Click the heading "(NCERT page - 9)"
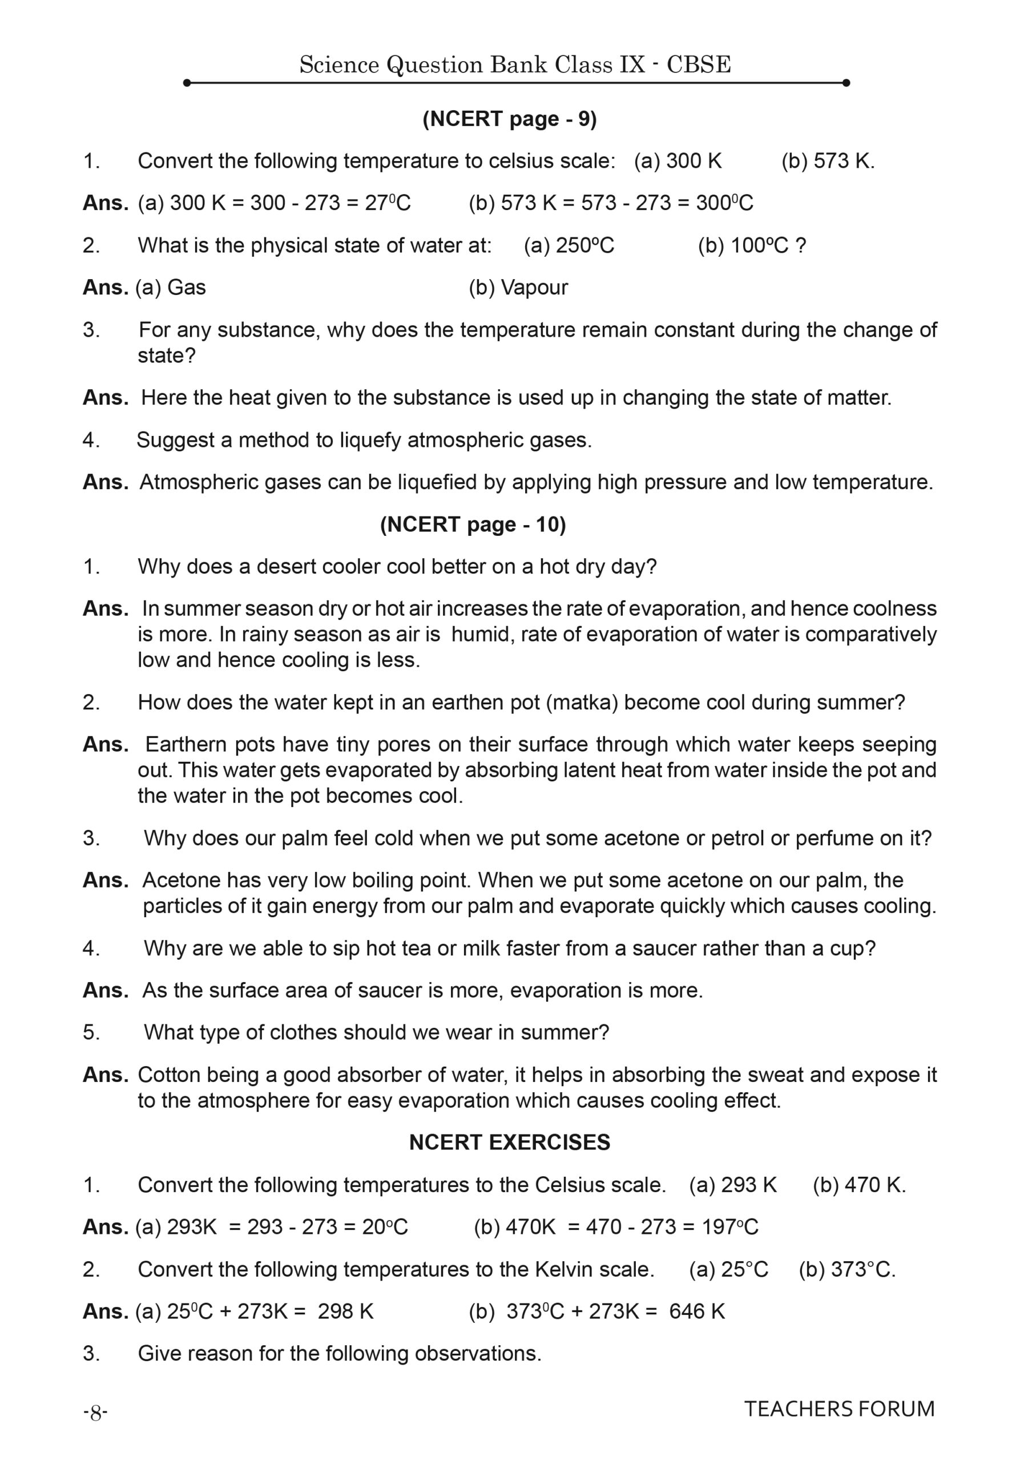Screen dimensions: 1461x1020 coord(509,119)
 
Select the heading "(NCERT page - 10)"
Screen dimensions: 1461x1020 coord(473,524)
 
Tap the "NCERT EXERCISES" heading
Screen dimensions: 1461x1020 coord(509,1142)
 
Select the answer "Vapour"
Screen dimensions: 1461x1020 coord(534,288)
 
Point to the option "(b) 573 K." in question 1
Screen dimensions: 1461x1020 coord(827,161)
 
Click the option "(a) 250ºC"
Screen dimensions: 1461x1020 coord(569,245)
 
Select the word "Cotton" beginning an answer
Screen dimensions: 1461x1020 coord(167,1075)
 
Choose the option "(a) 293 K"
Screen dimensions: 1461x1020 coord(732,1185)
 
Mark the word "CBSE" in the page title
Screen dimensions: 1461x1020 coord(699,65)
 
